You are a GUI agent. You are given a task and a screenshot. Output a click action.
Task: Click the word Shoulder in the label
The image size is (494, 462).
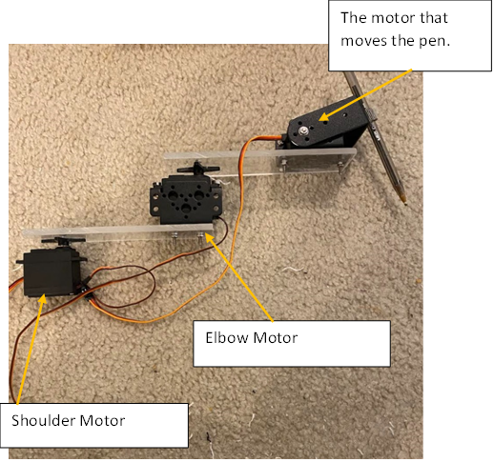(43, 420)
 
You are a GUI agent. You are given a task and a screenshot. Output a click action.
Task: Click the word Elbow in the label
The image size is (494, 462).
(226, 337)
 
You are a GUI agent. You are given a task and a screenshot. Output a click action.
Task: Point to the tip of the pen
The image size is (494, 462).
(405, 203)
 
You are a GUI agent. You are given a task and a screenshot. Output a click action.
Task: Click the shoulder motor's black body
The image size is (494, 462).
(51, 271)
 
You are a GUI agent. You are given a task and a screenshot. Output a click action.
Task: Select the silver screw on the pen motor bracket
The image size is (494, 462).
(304, 130)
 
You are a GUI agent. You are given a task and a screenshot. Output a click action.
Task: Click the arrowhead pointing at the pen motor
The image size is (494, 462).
(323, 116)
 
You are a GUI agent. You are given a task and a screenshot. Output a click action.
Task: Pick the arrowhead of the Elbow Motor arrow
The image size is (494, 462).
(210, 237)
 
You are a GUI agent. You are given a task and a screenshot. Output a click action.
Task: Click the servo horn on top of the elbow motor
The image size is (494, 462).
(198, 169)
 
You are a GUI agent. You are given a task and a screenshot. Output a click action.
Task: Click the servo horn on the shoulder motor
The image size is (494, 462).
(64, 240)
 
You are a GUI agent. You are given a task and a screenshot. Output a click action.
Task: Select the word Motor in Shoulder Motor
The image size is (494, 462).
(102, 420)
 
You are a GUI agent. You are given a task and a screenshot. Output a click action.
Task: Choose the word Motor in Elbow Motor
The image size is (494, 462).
(276, 337)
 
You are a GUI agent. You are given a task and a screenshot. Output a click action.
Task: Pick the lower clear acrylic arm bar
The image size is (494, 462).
(117, 231)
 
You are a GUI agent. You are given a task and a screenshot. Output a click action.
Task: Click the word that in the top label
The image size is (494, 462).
(434, 18)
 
